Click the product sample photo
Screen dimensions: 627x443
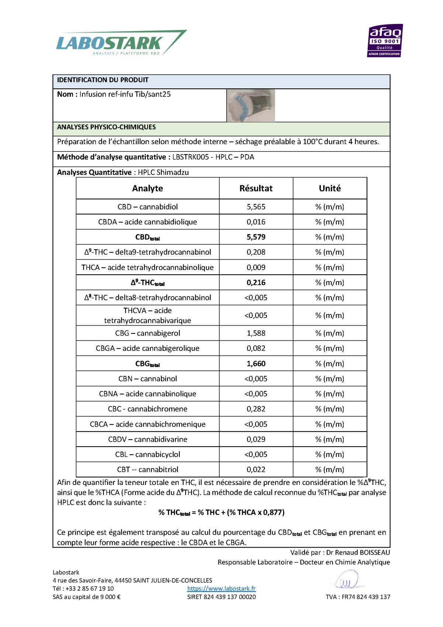tap(251, 105)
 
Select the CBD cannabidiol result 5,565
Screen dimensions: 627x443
tap(256, 207)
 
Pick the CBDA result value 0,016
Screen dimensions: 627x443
tap(256, 222)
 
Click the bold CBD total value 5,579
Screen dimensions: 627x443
tap(256, 237)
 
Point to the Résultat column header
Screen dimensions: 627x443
tap(256, 188)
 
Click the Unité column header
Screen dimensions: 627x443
tap(330, 188)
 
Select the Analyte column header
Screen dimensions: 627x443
tap(147, 188)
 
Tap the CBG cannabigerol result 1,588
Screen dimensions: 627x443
tap(256, 333)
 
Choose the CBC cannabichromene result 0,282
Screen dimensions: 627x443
tap(256, 409)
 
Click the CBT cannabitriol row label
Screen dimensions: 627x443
tap(147, 470)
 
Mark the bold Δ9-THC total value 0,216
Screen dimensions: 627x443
tap(256, 282)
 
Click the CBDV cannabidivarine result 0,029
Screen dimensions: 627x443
tap(256, 439)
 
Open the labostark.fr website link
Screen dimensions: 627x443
tap(221, 588)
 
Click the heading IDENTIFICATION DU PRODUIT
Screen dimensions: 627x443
tap(103, 80)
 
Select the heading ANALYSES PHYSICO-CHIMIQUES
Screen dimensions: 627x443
tap(106, 127)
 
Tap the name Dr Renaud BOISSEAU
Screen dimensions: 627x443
tap(358, 552)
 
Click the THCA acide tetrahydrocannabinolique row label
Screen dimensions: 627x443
tap(147, 267)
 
